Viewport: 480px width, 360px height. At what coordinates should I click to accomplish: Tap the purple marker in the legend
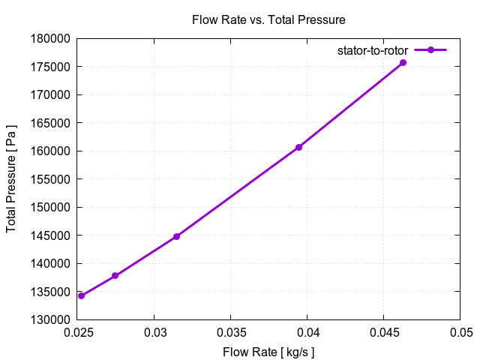tap(430, 50)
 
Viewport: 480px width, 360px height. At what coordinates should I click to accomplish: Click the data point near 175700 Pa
tap(403, 62)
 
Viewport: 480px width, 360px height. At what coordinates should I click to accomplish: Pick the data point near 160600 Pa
tap(298, 147)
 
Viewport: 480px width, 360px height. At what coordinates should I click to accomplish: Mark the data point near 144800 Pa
tap(176, 236)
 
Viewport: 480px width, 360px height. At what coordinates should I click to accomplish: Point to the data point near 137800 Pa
tap(115, 276)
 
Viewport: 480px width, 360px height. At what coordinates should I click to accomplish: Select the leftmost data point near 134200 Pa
tap(81, 295)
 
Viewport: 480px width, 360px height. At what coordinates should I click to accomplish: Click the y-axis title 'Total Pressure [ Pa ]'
tap(11, 178)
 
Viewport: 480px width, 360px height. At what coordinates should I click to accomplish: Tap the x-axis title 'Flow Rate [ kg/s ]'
tap(268, 352)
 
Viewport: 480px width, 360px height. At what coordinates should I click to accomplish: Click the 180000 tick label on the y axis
tap(51, 39)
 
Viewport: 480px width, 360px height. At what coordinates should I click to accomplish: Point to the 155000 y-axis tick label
tap(51, 179)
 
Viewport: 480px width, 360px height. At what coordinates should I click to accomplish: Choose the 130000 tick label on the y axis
tap(51, 319)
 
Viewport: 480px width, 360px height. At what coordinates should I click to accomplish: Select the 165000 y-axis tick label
tap(51, 123)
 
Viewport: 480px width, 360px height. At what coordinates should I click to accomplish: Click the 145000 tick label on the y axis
tap(51, 235)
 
